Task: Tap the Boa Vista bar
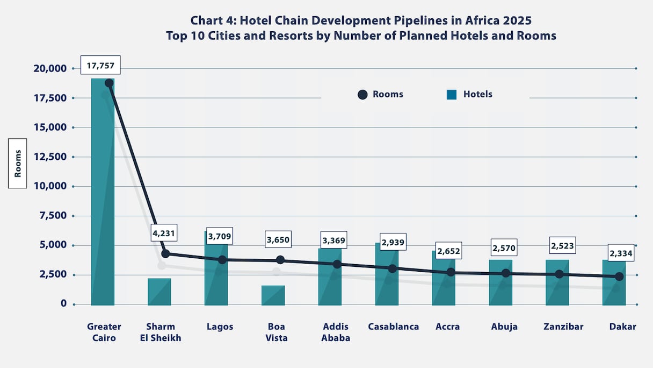tap(273, 295)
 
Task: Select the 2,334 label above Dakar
tap(621, 252)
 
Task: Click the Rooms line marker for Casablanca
tap(393, 268)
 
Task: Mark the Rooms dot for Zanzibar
tap(559, 274)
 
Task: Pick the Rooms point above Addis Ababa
tap(337, 264)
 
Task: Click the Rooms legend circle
tap(362, 95)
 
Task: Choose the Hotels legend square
tap(452, 95)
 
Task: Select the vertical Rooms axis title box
tap(17, 162)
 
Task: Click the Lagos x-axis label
tap(220, 327)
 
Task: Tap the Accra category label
tap(448, 327)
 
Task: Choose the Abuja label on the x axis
tap(505, 327)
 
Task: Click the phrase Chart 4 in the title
tap(213, 20)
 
